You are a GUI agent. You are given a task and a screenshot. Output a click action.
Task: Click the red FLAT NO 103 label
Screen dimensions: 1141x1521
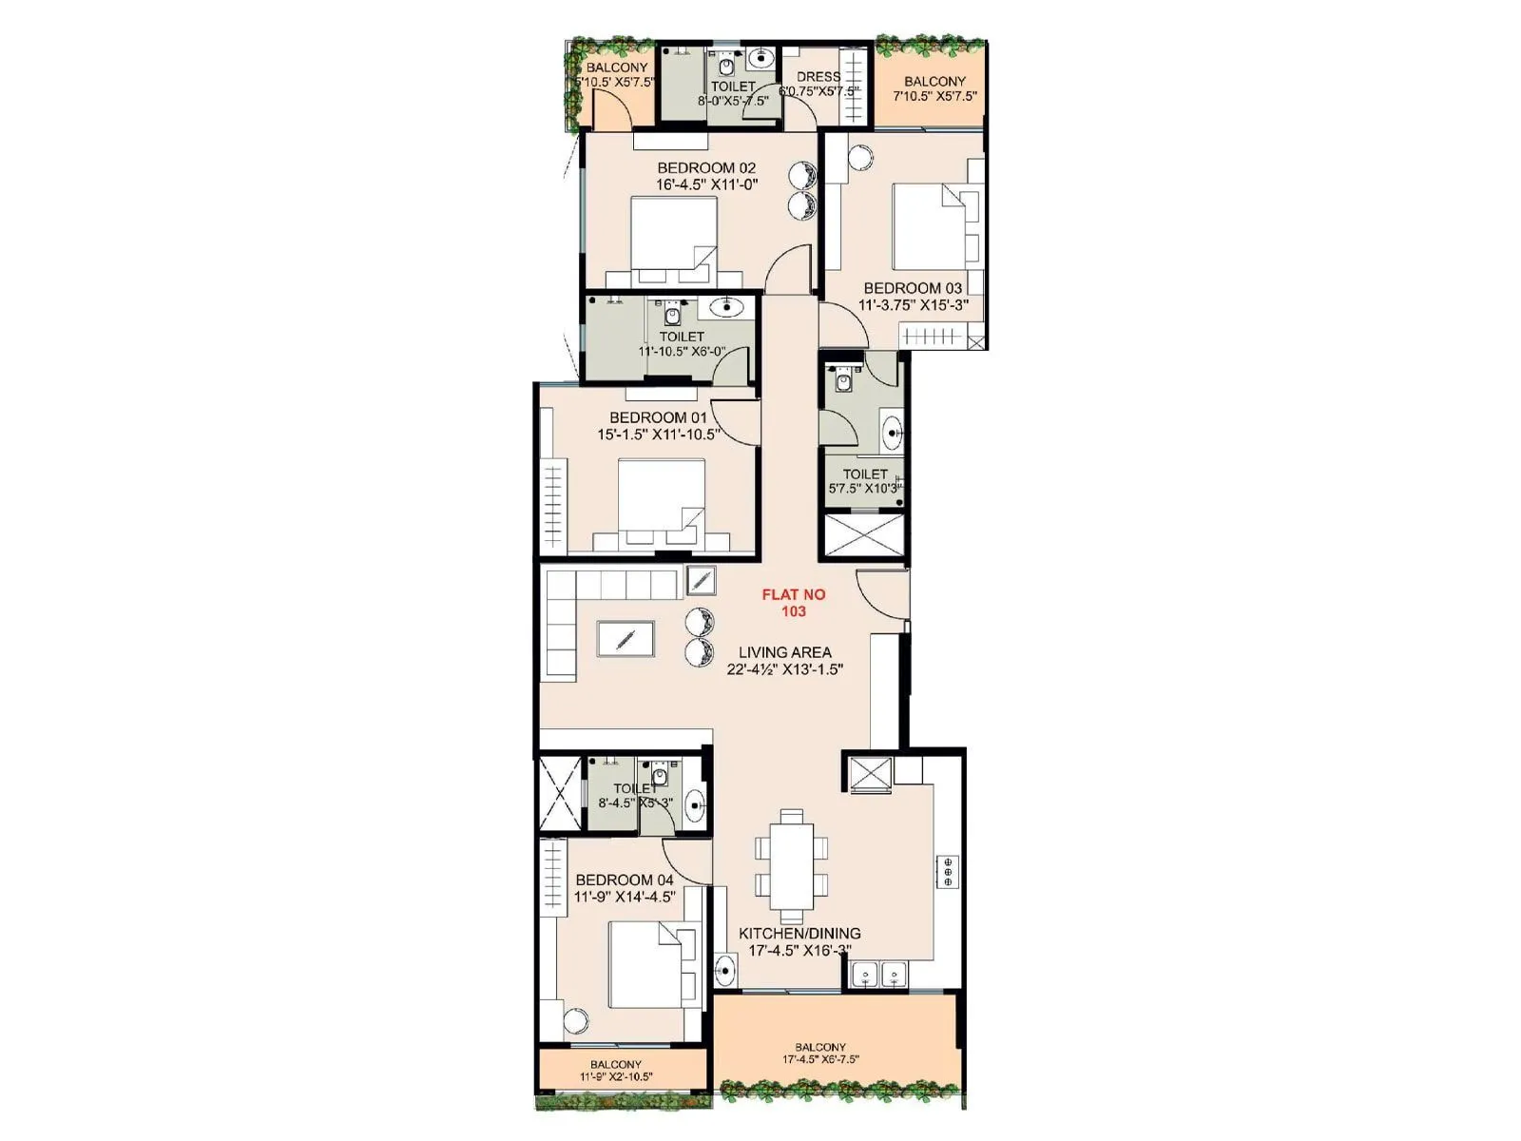click(x=794, y=603)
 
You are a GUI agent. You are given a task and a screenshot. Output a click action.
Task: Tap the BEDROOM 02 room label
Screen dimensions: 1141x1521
click(x=706, y=168)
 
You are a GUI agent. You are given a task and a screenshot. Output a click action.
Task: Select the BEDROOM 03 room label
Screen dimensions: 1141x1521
click(x=913, y=288)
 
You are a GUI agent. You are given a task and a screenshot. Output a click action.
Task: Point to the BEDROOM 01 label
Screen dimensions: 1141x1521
click(x=659, y=417)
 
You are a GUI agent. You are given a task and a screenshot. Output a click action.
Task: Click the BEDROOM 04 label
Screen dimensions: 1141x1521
click(x=625, y=880)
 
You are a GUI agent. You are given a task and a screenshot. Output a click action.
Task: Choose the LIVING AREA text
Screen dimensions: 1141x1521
click(x=785, y=652)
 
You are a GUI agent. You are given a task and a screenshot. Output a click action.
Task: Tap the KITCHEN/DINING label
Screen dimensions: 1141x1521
click(x=799, y=934)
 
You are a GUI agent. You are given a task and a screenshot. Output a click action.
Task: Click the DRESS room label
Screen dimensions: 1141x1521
click(x=818, y=77)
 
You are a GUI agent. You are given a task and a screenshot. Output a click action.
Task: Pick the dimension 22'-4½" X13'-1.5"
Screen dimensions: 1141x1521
click(x=785, y=669)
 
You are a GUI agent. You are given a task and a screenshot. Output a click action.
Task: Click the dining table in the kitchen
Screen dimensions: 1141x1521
click(x=792, y=865)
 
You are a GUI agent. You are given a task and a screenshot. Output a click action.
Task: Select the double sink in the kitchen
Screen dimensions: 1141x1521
click(x=880, y=974)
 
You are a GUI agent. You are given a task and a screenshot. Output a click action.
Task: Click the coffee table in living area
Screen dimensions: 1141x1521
click(x=625, y=638)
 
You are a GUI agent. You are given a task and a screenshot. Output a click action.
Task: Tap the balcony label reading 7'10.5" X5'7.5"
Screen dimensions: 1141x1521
click(x=934, y=96)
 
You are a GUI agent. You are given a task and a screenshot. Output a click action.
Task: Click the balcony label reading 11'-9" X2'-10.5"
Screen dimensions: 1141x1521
click(x=616, y=1077)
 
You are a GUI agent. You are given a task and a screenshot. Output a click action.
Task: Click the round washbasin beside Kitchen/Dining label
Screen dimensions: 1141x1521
click(x=725, y=972)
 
